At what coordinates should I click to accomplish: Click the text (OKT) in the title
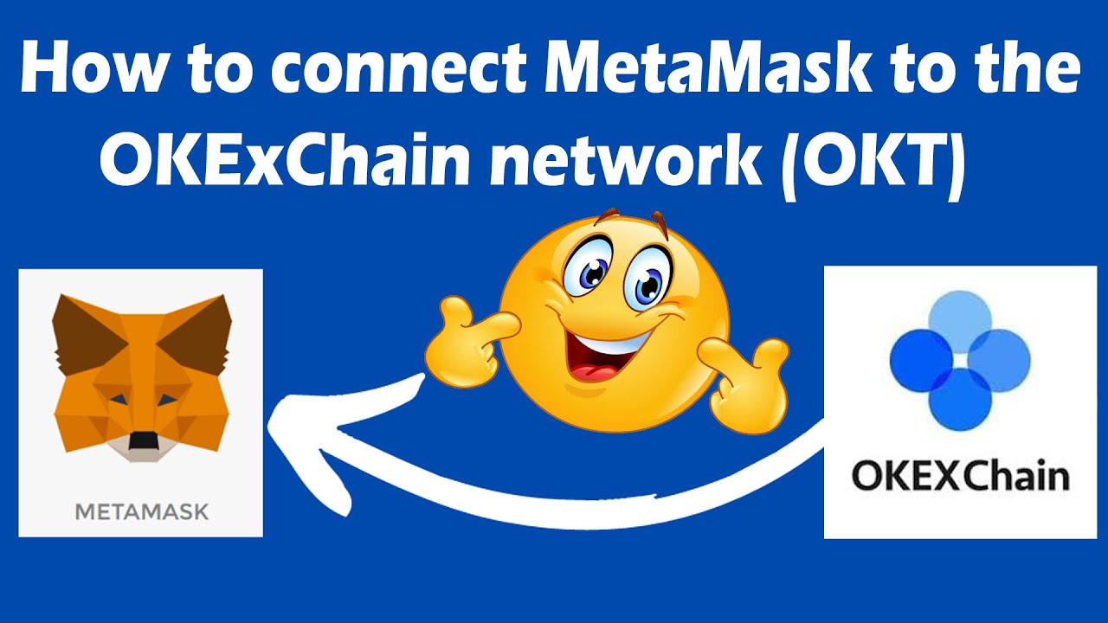[x=873, y=162]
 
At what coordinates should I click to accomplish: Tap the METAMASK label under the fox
[x=141, y=511]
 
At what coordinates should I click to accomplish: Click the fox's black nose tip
[x=141, y=440]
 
